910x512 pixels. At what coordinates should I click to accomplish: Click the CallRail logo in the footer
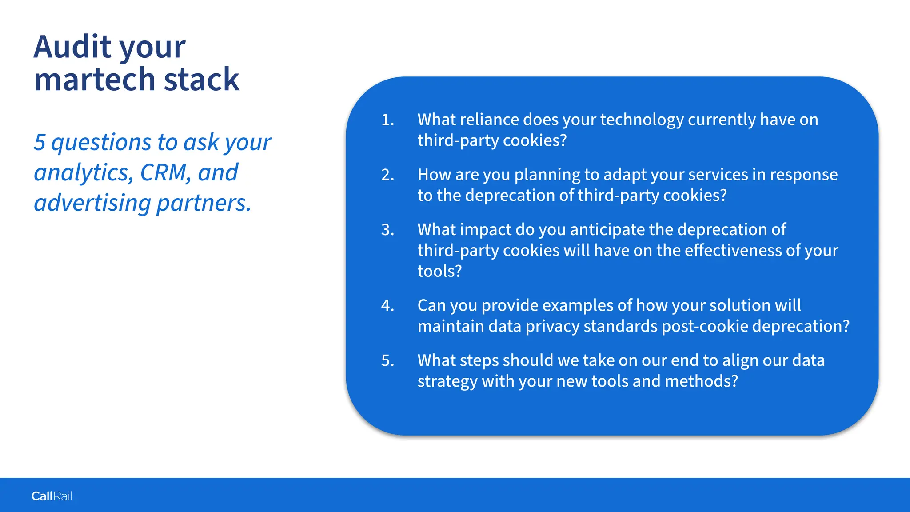coord(52,496)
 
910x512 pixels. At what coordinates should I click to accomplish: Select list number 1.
coord(387,120)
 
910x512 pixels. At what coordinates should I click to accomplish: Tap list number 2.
coord(387,175)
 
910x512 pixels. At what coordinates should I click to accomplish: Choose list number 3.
coord(387,230)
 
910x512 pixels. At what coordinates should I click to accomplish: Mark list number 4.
coord(387,306)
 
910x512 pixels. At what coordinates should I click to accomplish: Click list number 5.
coord(387,360)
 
